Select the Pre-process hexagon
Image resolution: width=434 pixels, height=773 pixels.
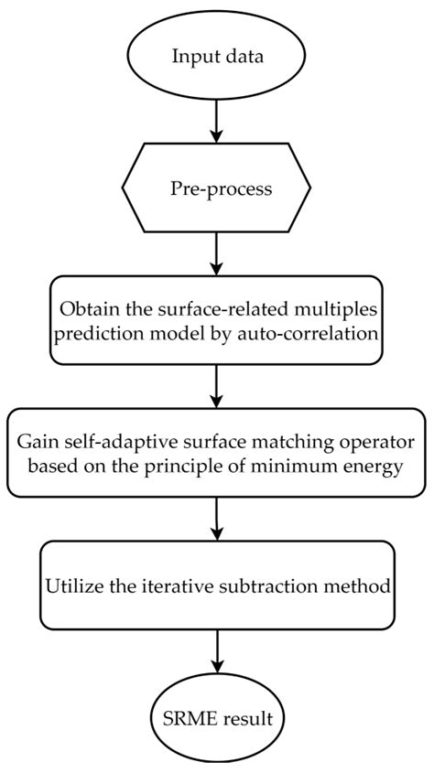pyautogui.click(x=216, y=188)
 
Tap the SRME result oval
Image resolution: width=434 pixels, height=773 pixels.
pyautogui.click(x=216, y=718)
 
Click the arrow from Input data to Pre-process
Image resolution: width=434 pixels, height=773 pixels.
pyautogui.click(x=216, y=120)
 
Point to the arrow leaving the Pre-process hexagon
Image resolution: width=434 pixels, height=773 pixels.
pyautogui.click(x=216, y=252)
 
